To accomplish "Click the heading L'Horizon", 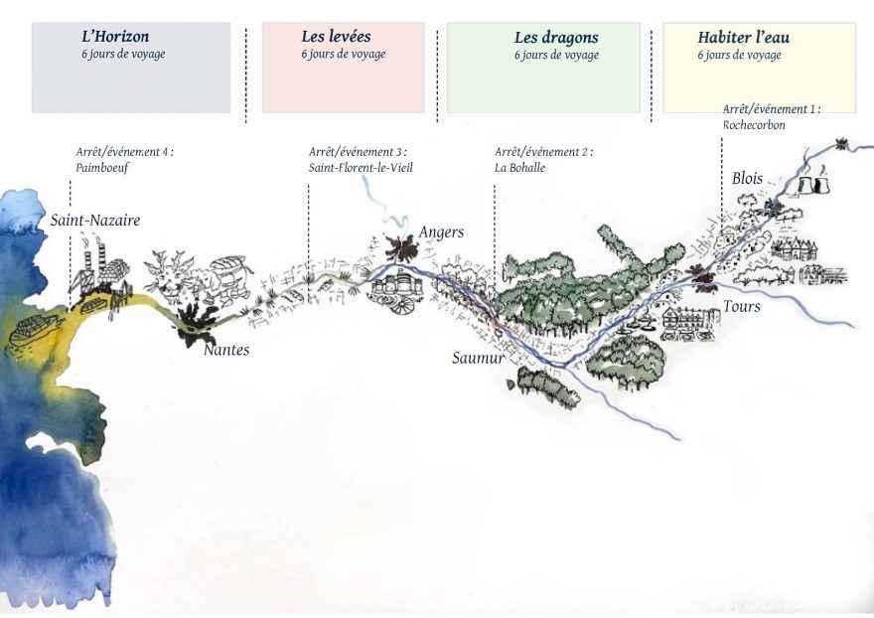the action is (115, 37).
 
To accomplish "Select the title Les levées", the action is (336, 37).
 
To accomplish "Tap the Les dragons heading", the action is (556, 38).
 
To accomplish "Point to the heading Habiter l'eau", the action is (744, 38).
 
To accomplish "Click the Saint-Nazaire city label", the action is (95, 220).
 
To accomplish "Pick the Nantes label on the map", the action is (226, 350).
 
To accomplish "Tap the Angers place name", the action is (441, 232).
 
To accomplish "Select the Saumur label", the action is (478, 358).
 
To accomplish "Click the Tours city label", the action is (742, 306).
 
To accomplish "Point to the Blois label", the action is (748, 179).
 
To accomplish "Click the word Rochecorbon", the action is (754, 125).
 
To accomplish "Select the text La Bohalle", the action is (520, 167).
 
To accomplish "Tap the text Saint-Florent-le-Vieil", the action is (361, 167).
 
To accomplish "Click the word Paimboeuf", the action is (102, 168).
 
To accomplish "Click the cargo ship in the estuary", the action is (33, 332).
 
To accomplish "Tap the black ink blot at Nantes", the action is (196, 324).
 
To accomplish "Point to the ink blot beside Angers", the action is (400, 247).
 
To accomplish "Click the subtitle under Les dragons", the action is (556, 56).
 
